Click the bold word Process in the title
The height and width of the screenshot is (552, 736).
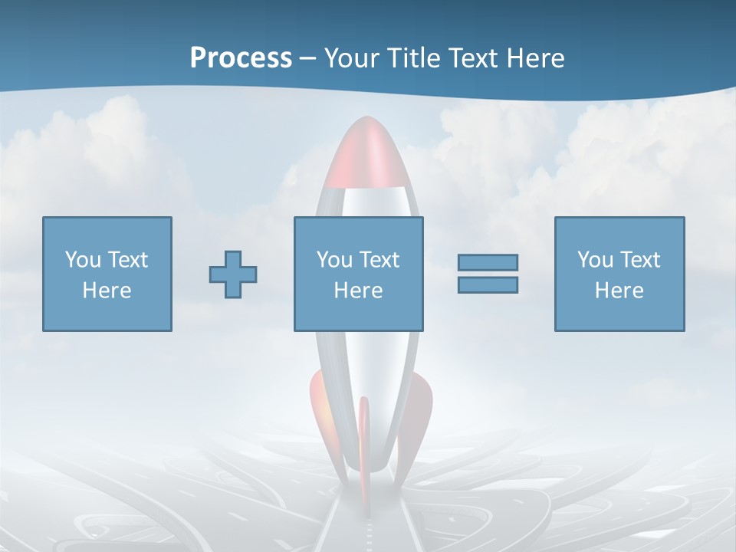tap(241, 58)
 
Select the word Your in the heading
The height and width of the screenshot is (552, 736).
tap(349, 58)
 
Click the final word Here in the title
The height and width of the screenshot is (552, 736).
tap(537, 58)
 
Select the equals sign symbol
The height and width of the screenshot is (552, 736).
tap(488, 274)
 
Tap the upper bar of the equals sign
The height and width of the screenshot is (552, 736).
tap(488, 263)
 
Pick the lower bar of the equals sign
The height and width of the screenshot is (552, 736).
tap(488, 284)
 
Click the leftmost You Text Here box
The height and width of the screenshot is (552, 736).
tap(107, 274)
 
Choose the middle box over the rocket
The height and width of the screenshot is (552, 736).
tap(359, 274)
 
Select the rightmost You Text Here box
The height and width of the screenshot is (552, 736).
tap(619, 274)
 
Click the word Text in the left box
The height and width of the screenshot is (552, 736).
tap(128, 259)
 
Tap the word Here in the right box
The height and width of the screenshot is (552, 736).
tap(619, 290)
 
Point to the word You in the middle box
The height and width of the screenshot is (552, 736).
tap(334, 259)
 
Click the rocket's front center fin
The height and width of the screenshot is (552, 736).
tap(365, 445)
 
